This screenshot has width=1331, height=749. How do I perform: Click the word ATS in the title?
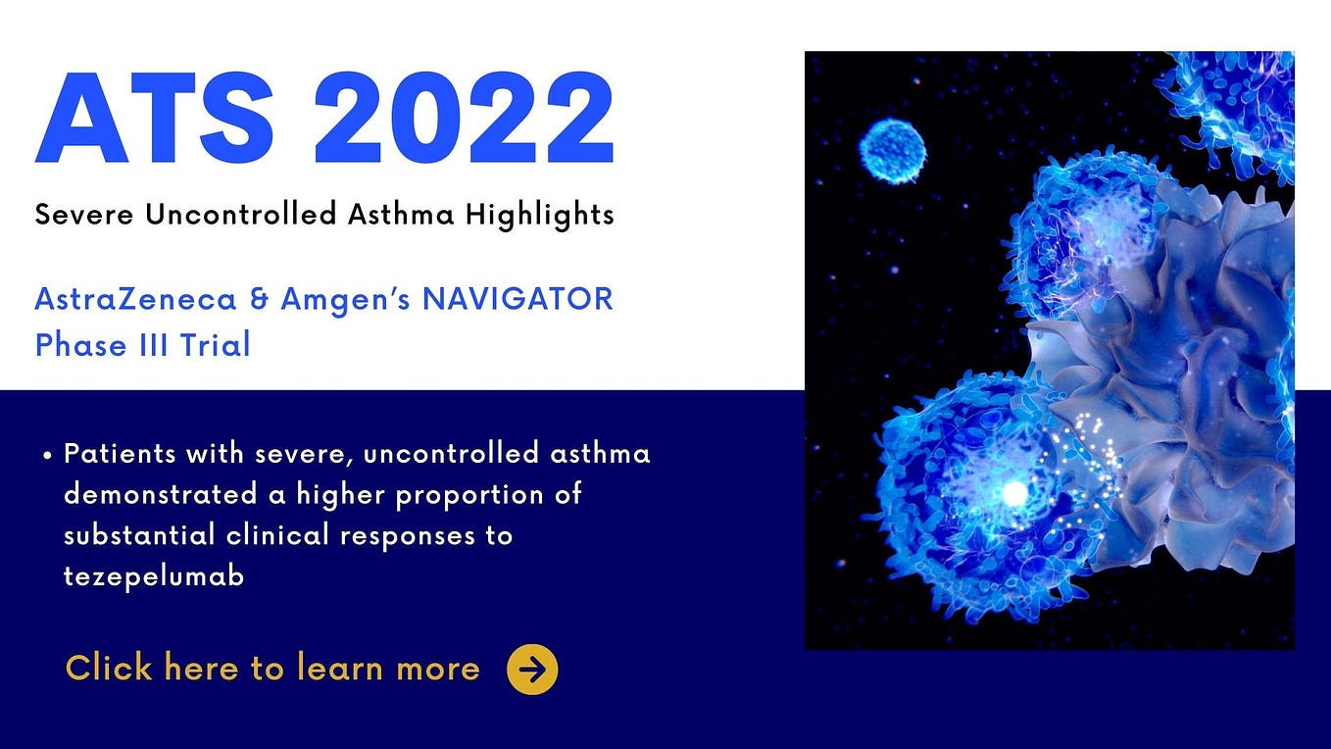tap(155, 120)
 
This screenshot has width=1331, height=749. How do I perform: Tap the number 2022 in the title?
tap(464, 120)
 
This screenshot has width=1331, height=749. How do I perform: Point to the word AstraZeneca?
tap(135, 299)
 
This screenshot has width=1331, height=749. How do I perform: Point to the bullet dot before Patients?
tap(48, 457)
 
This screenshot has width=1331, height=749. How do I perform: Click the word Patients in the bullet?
tap(121, 454)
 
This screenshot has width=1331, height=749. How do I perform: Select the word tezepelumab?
tap(154, 577)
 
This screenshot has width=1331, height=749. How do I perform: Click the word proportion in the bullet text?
tap(476, 495)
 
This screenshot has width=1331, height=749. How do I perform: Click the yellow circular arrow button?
tap(532, 670)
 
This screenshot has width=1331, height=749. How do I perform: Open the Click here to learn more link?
tap(272, 669)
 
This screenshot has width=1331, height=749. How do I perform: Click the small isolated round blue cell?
tap(892, 151)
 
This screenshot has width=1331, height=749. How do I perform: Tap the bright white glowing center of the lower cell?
tap(1014, 491)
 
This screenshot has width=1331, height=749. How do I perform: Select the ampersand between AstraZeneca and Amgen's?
tap(259, 299)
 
